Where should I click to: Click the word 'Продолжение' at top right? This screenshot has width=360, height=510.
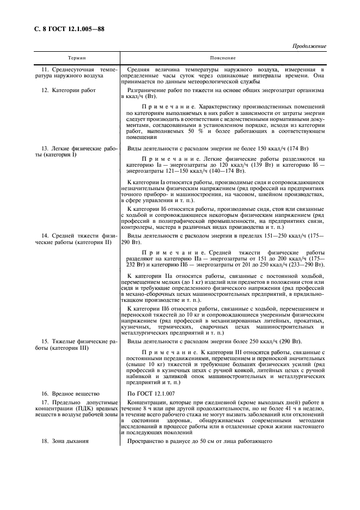309,46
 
